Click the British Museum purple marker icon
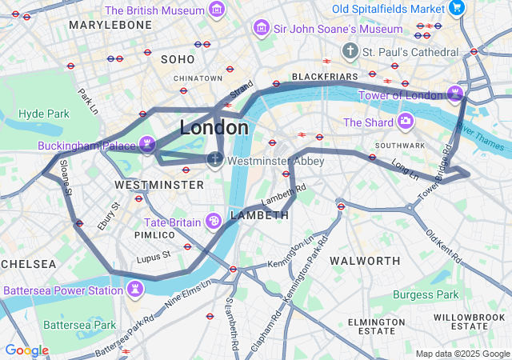point(216,10)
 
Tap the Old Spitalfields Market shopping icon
point(457,8)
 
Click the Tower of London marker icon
point(456,94)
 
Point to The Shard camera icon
point(406,122)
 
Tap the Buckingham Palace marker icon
point(146,145)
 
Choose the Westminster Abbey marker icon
point(215,160)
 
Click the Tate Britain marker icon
point(214,221)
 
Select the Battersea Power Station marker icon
point(134,289)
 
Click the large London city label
point(214,128)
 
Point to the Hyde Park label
point(44,114)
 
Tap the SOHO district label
point(178,59)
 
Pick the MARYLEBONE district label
point(110,25)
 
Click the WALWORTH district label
point(365,261)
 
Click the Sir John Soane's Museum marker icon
point(261,29)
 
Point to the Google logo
point(26,350)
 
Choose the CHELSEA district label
point(29,264)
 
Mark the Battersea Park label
point(80,326)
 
